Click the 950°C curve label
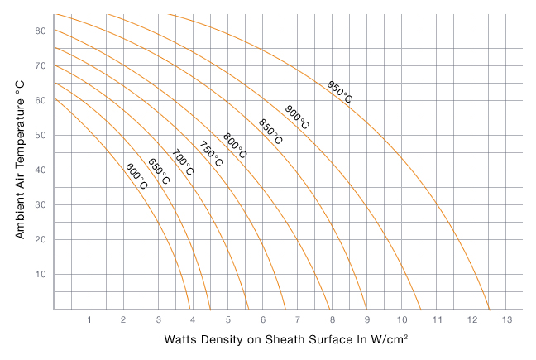coord(339,92)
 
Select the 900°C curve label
coord(297,118)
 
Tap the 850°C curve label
coord(270,132)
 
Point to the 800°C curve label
coord(235,146)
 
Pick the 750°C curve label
coord(211,154)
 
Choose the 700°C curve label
coord(183,162)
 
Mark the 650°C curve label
coord(160,170)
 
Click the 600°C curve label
coord(136,176)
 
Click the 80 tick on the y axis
coord(40,31)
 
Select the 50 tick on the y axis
coord(40,135)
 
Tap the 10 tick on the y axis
coord(40,274)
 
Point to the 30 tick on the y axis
coord(40,204)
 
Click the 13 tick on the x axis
coord(507,319)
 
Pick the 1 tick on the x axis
coord(89,319)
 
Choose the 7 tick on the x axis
coord(297,319)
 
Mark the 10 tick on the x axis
coord(401,319)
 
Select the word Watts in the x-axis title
coord(182,340)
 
